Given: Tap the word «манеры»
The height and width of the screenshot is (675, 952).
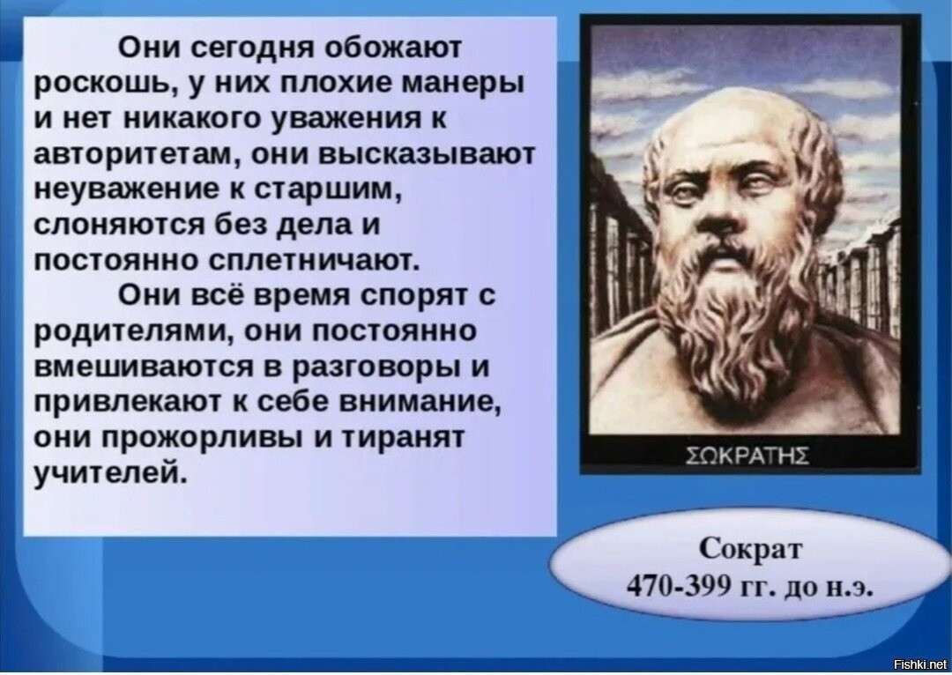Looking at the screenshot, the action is (464, 83).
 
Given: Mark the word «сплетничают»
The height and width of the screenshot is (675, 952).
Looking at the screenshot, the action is (314, 261).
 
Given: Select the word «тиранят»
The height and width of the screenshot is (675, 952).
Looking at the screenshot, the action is (404, 438).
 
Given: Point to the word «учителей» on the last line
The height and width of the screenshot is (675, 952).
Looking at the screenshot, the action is (109, 472).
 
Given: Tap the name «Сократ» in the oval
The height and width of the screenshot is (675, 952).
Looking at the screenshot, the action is (750, 549).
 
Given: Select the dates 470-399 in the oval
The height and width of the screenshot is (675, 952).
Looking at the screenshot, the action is (677, 585).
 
